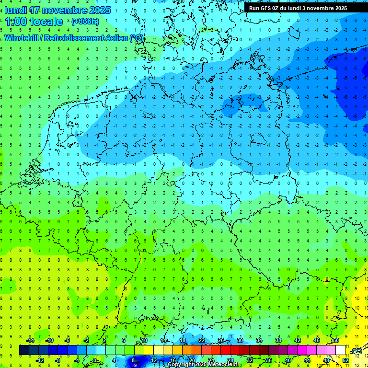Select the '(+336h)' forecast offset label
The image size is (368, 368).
coord(85,22)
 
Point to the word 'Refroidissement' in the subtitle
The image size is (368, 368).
coord(77,38)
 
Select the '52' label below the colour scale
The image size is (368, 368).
coord(345,360)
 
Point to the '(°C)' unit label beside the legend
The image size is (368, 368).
coord(357,351)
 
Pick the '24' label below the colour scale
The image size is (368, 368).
coord(211,360)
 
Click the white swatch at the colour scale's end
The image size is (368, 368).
coord(341,350)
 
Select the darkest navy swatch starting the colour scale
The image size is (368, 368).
coord(24,350)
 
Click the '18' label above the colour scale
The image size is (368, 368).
coord(183,340)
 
